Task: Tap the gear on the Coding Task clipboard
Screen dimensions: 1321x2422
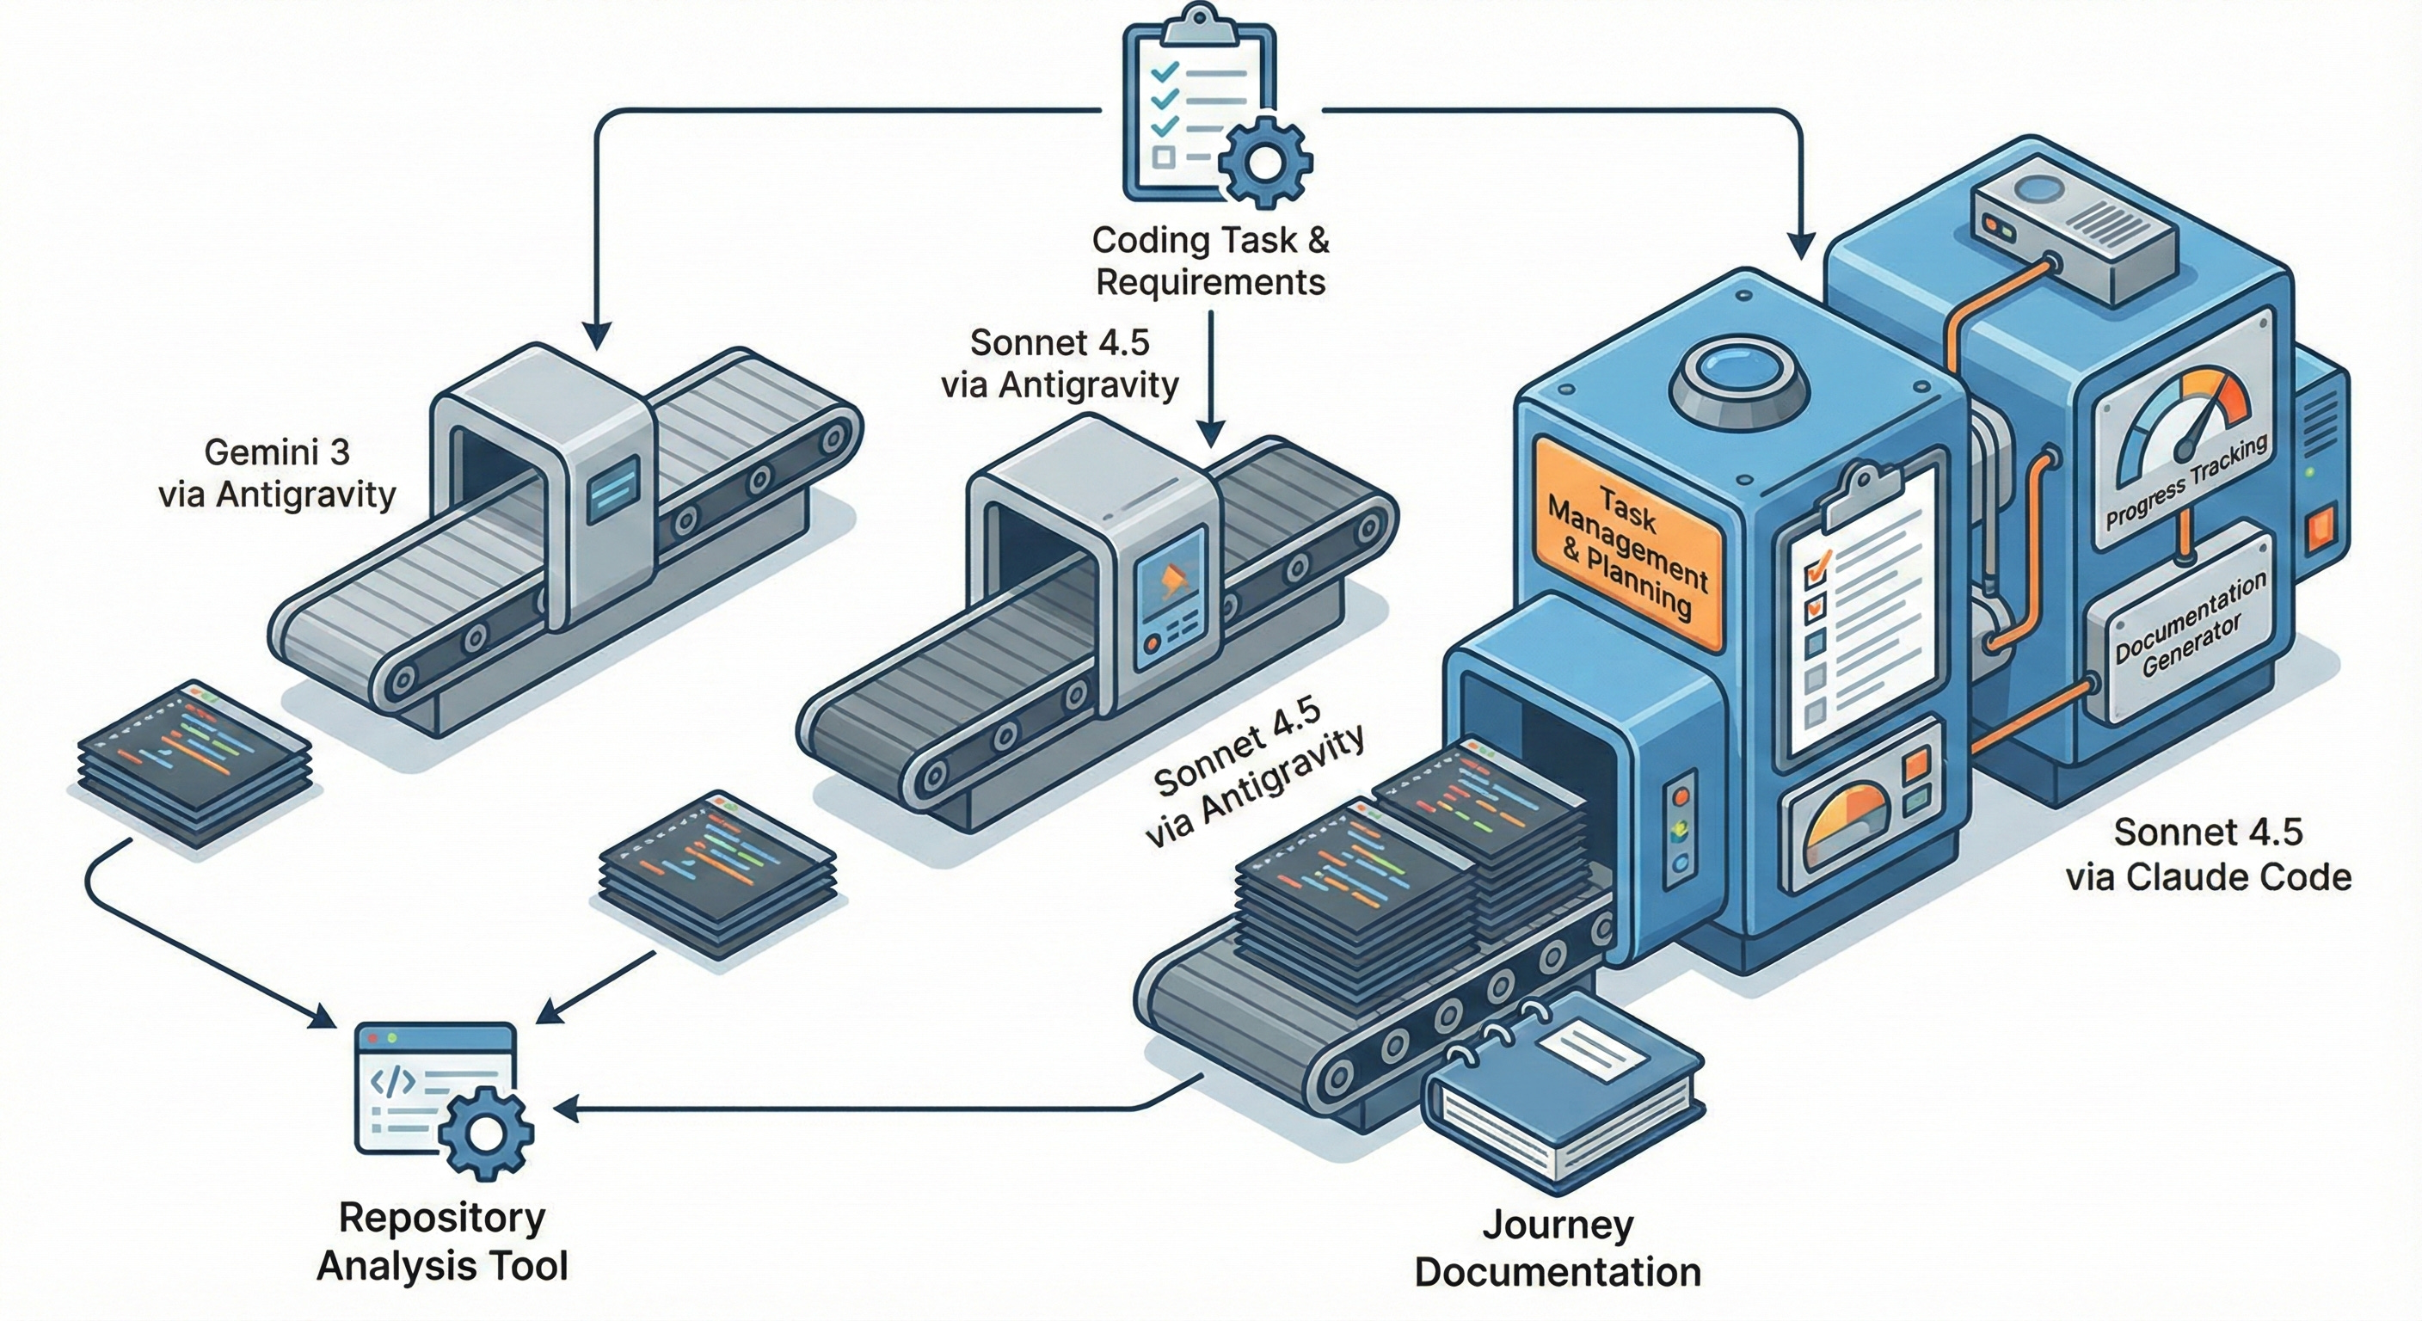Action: [1264, 163]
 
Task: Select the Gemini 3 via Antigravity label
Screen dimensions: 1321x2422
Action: [277, 473]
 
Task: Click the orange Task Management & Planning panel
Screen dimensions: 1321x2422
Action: [1628, 544]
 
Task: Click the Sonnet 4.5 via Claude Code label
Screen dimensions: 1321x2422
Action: [2208, 855]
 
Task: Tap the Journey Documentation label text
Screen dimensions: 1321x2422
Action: [1558, 1249]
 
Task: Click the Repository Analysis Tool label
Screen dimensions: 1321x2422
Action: [443, 1241]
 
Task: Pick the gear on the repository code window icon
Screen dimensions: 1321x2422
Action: [486, 1132]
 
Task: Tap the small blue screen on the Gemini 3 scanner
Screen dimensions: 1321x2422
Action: [612, 488]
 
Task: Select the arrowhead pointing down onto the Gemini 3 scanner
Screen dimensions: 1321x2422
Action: [597, 335]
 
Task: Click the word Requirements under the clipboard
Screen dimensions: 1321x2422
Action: [1210, 282]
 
